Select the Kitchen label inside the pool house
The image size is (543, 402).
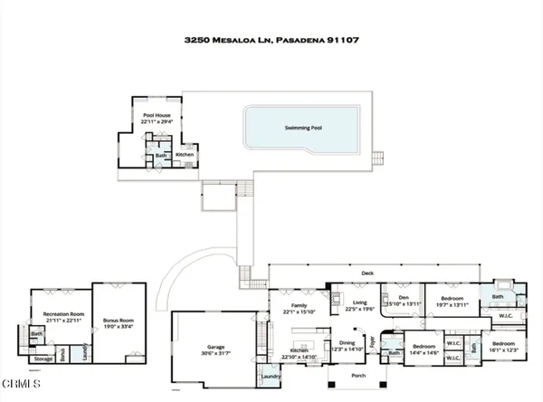click(185, 155)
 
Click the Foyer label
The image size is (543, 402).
click(372, 342)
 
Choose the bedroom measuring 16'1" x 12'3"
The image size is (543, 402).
click(504, 347)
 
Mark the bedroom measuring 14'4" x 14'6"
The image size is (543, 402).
click(423, 349)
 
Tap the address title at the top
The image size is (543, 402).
click(271, 41)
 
